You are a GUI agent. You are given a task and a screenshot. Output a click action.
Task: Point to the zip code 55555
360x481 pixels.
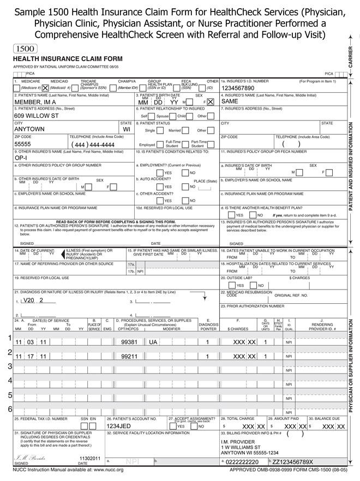pyautogui.click(x=23, y=145)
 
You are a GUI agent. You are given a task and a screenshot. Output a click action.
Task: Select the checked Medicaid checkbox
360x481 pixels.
pyautogui.click(x=45, y=87)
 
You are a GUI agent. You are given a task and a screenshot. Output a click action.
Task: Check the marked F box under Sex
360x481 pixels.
pyautogui.click(x=210, y=102)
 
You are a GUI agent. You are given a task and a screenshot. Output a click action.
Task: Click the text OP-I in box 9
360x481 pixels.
pyautogui.click(x=21, y=157)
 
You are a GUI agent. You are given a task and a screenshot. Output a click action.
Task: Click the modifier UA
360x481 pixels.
pyautogui.click(x=153, y=342)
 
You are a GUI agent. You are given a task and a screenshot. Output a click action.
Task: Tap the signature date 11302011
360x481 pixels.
pyautogui.click(x=90, y=459)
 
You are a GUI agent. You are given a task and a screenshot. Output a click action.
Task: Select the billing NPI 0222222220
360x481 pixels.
pyautogui.click(x=242, y=461)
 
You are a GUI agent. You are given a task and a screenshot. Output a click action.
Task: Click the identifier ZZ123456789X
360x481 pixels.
pyautogui.click(x=299, y=461)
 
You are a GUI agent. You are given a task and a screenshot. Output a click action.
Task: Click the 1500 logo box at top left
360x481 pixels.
pyautogui.click(x=24, y=48)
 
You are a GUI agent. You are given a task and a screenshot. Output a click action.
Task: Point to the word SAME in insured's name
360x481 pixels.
pyautogui.click(x=230, y=102)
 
